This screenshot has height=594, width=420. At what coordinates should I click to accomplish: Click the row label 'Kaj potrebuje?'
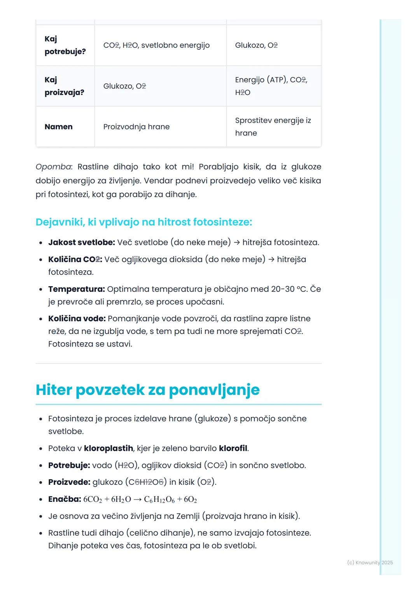click(x=65, y=45)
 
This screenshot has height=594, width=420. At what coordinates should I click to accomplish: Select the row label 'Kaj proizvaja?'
click(x=64, y=86)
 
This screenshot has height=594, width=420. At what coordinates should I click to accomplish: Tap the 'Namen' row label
click(x=58, y=127)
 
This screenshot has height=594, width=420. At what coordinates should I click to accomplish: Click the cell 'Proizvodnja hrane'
click(x=136, y=127)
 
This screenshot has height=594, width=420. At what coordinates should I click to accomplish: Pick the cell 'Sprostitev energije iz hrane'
click(x=273, y=127)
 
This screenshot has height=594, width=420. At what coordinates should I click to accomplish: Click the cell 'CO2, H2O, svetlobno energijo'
click(x=156, y=45)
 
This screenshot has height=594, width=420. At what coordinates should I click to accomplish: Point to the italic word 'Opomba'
click(x=54, y=167)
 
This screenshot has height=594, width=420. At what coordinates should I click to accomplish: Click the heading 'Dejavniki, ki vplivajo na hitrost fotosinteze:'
click(x=143, y=222)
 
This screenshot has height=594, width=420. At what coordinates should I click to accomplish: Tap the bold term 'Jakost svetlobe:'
click(x=81, y=243)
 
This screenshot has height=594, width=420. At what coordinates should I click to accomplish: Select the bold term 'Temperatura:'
click(x=76, y=289)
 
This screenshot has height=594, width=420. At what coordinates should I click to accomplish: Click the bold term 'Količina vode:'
click(x=77, y=319)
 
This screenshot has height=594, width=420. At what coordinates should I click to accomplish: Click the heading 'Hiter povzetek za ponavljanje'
click(x=147, y=390)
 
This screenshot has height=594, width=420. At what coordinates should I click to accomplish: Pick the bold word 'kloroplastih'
click(x=108, y=448)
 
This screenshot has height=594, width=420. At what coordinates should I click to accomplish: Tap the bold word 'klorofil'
click(x=233, y=448)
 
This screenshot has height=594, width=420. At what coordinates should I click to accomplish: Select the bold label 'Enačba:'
click(x=65, y=499)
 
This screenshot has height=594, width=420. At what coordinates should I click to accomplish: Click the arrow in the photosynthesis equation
click(x=137, y=500)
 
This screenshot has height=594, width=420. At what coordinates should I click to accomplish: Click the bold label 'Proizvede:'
click(x=69, y=482)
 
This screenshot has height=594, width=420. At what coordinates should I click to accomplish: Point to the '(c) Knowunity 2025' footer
click(x=369, y=563)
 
